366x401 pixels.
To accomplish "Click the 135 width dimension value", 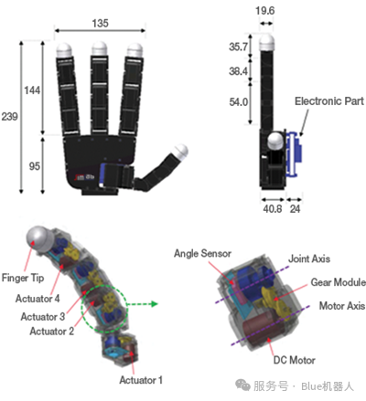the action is click(x=100, y=23).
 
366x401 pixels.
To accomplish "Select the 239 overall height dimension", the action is click(x=9, y=116).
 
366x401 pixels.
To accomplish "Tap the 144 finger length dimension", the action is click(x=32, y=90).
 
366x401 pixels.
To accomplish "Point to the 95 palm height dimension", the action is click(x=34, y=166).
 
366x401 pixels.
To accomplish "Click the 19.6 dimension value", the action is click(x=264, y=11).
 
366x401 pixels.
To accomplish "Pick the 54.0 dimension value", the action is click(x=238, y=102).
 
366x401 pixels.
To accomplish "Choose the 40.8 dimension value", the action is click(x=273, y=209).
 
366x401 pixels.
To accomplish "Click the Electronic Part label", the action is click(x=329, y=101).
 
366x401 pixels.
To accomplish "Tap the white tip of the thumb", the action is click(x=180, y=152).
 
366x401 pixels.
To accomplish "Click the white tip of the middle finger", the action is click(x=100, y=48).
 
